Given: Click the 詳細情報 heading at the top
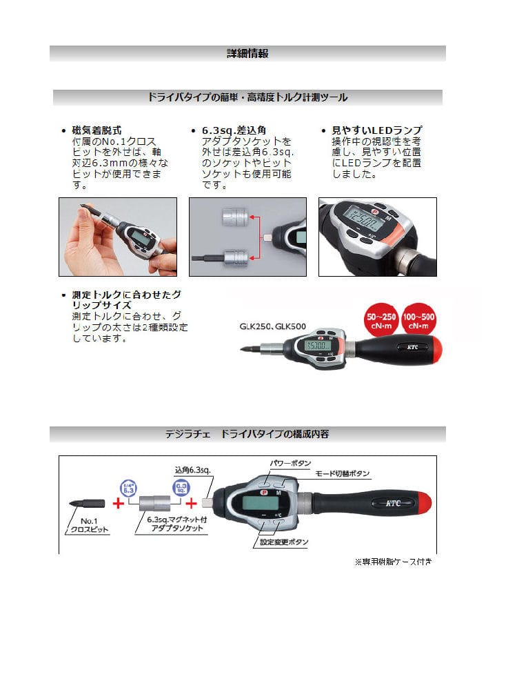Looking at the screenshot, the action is (247, 54).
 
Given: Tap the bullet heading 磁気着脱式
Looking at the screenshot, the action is (97, 130).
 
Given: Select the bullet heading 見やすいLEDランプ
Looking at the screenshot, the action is (377, 130).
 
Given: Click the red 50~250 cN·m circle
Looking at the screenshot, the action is (381, 320).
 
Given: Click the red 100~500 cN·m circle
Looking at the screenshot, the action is (418, 320).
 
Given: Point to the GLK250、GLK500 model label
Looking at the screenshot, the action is (272, 326).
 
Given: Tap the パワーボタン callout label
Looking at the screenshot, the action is (291, 463).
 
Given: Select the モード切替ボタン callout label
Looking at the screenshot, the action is (343, 473).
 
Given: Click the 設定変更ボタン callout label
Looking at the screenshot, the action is (284, 542).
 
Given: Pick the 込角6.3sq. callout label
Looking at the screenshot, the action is (192, 470).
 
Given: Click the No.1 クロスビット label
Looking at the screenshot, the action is (89, 525).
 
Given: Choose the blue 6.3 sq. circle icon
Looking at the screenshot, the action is (181, 488).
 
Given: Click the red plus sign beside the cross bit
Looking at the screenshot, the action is (119, 502).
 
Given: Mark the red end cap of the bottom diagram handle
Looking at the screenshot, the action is (423, 504).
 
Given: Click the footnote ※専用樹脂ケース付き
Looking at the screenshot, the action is (394, 562).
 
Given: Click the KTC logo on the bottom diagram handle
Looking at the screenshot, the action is (393, 503).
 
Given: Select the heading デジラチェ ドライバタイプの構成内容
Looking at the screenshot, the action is (247, 434).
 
